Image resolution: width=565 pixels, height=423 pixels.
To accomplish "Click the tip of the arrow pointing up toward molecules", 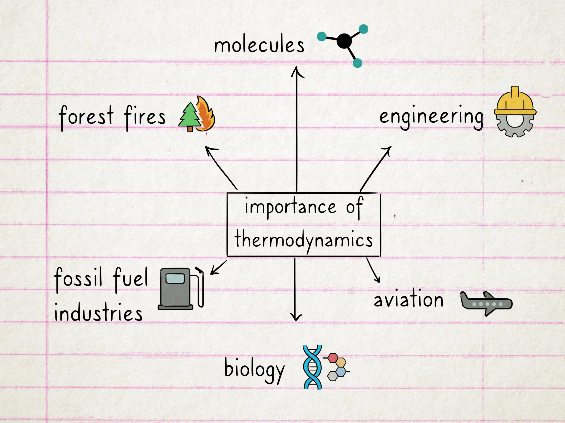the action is coord(296,67).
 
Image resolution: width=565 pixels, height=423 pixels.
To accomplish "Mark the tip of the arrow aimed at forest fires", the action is coord(206,147).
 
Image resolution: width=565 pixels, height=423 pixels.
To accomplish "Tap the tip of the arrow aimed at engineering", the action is coord(391,147).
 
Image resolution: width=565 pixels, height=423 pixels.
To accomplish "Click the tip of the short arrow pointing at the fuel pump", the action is coord(211,274).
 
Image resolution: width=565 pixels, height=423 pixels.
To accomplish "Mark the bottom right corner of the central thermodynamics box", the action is coord(380,256).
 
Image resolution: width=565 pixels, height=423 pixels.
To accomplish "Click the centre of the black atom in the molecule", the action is coord(344,41).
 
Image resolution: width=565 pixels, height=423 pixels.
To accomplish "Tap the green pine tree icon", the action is coord(190,117).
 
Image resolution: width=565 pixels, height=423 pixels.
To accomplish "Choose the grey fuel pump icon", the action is coord(181,288).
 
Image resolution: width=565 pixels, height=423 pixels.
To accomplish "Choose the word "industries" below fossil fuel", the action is coord(98,312).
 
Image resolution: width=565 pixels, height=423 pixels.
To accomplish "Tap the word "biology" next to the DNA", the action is coord(254,370).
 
